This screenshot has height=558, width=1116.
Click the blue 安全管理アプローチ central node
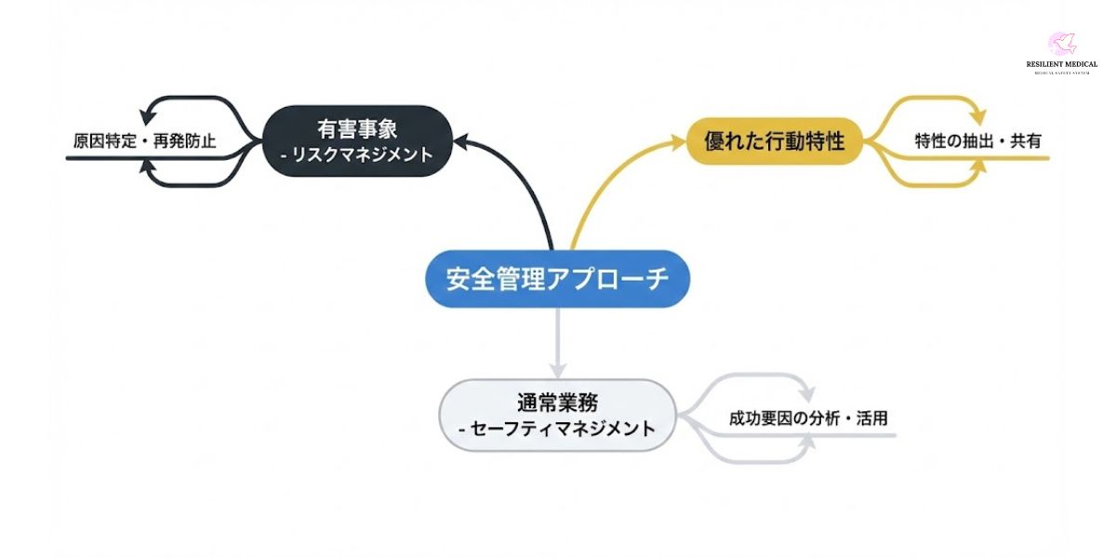(558, 279)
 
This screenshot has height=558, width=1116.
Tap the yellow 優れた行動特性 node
(774, 141)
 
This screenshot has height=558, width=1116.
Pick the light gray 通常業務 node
(557, 415)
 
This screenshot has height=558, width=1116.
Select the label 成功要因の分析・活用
(808, 418)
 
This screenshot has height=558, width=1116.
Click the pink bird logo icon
(1061, 44)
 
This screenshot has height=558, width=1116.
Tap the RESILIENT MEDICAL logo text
(1061, 64)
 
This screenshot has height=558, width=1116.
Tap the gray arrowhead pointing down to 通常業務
(558, 369)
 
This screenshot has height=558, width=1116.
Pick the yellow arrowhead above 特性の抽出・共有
(977, 118)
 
